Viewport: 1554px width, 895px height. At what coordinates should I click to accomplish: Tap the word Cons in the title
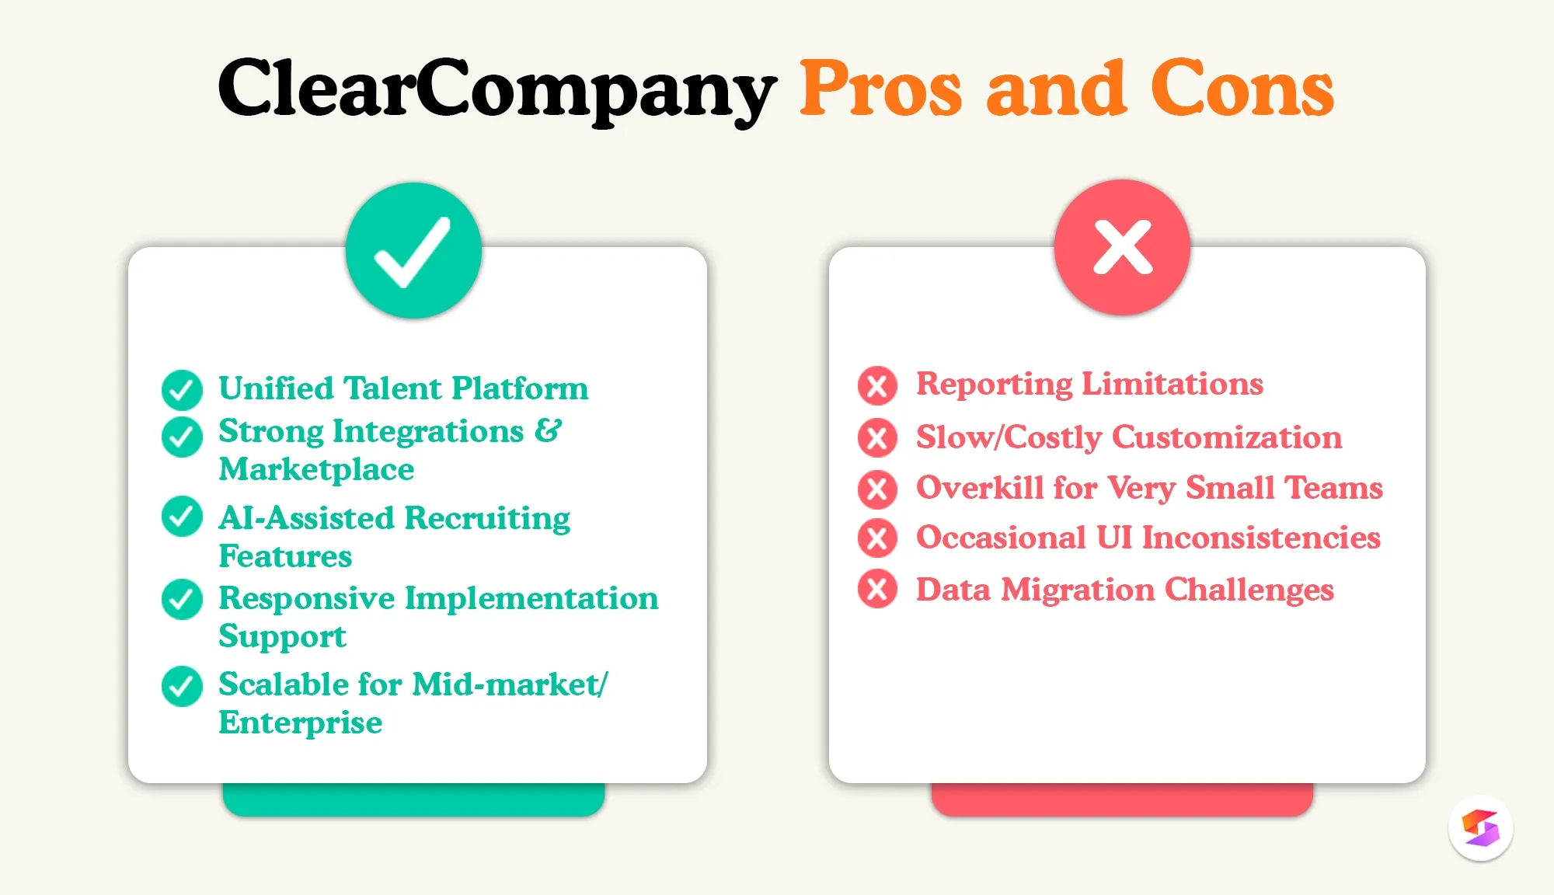(x=1242, y=89)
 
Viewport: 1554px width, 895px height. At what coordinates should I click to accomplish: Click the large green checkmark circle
(x=413, y=250)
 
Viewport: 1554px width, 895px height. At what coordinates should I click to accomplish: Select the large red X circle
(x=1122, y=247)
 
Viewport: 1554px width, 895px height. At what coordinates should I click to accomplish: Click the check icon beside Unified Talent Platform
(x=182, y=389)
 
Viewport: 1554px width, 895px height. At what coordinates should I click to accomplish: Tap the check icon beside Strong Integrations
(x=182, y=437)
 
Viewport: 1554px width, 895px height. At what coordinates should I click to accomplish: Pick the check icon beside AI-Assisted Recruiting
(x=182, y=517)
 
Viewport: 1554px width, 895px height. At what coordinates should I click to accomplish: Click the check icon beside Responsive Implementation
(x=182, y=599)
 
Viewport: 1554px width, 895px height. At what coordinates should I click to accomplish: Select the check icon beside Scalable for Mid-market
(x=182, y=686)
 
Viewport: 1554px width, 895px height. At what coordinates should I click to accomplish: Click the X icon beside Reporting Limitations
(x=877, y=385)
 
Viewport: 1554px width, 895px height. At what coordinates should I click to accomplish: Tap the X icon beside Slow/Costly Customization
(x=877, y=437)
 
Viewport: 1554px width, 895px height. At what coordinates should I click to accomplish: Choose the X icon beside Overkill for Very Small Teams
(x=877, y=489)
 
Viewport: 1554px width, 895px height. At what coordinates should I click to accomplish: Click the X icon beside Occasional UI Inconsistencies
(x=877, y=538)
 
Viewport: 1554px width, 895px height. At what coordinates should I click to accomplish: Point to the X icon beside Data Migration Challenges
(x=877, y=589)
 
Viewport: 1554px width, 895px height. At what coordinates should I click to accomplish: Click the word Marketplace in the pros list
(x=316, y=469)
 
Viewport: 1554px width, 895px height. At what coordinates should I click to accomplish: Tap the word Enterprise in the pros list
(x=300, y=723)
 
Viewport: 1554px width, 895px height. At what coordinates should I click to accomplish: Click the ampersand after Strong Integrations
(x=547, y=430)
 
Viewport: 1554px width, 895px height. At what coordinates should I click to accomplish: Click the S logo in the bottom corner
(x=1480, y=828)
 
